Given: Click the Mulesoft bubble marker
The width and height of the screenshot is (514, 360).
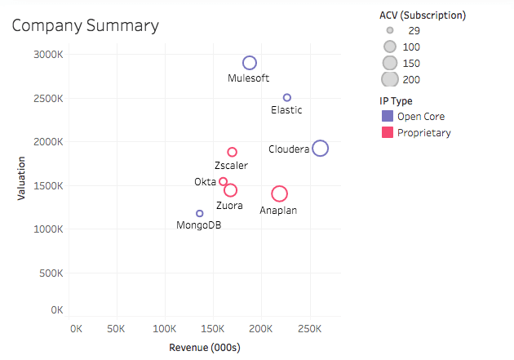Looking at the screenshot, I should (250, 63).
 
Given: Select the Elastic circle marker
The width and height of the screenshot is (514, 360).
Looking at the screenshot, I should (287, 97).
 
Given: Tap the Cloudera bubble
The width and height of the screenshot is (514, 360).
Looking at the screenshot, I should (321, 148).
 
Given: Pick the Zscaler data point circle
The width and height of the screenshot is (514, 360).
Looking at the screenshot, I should (233, 152).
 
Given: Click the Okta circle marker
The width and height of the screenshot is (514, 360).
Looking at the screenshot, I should (224, 181).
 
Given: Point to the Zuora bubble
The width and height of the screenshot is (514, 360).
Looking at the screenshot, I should (231, 190).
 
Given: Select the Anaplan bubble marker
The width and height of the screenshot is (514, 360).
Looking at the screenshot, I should (280, 193).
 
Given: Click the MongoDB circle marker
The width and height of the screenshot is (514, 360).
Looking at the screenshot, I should (200, 213).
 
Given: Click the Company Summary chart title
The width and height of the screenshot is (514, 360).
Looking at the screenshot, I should (85, 26).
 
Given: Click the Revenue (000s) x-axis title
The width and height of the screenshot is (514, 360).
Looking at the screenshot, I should (204, 347).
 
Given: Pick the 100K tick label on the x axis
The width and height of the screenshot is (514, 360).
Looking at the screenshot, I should (166, 328).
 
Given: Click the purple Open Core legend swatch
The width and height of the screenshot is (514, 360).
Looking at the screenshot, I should (388, 116).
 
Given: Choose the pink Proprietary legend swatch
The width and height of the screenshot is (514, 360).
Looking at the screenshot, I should (388, 132).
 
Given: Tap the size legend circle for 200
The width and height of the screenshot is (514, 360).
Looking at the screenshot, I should (390, 79).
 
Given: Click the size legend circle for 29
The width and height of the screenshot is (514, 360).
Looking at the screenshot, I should (390, 30).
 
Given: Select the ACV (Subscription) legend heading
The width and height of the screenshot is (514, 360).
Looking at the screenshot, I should (423, 15).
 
